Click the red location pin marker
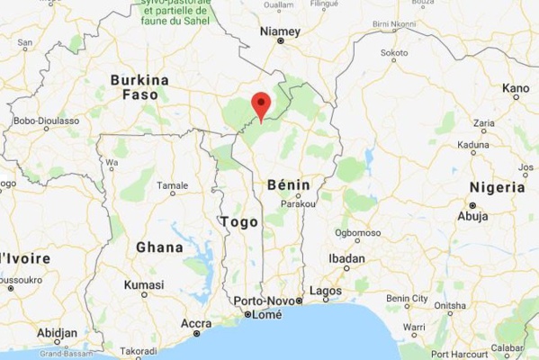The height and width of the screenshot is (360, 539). [x=261, y=104]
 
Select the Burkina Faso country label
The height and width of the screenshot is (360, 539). [x=139, y=86]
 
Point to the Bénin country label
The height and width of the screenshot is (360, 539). [x=289, y=184]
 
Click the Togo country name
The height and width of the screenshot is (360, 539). [x=238, y=221]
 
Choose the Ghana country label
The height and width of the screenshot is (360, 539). [x=159, y=247]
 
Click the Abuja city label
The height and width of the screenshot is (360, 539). [x=473, y=216]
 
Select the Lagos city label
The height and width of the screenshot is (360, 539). [x=325, y=291]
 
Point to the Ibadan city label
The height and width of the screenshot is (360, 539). [x=346, y=258]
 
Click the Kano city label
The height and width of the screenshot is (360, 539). [x=516, y=88]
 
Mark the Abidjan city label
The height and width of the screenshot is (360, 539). [x=58, y=332]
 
